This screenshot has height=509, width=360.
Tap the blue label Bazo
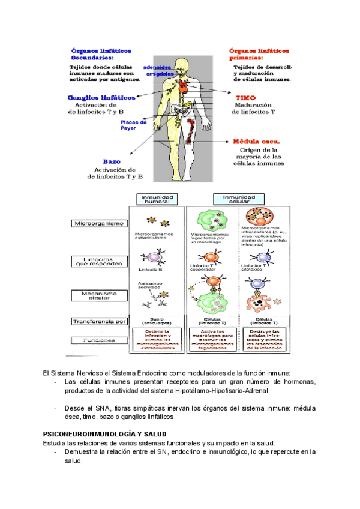point(112,161)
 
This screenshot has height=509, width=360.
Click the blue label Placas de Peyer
point(134,125)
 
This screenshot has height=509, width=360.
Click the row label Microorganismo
point(99,224)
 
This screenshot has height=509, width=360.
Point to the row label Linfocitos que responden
point(99,262)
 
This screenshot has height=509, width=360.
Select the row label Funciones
point(98,340)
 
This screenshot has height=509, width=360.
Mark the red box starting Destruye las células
point(265,339)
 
